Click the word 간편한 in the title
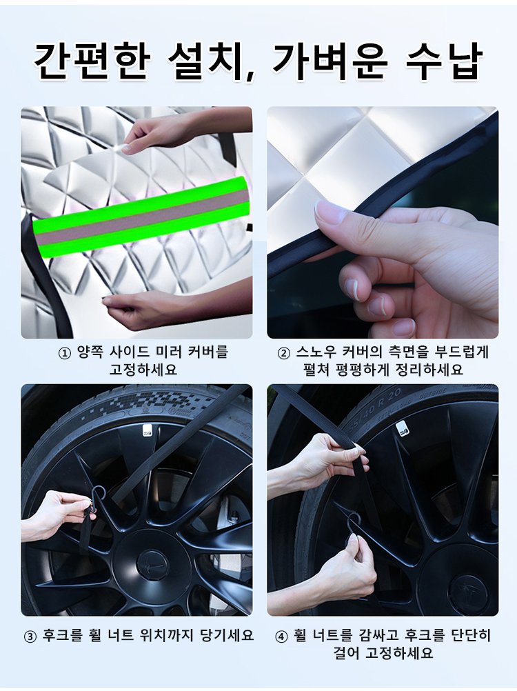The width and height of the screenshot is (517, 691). click(x=92, y=61)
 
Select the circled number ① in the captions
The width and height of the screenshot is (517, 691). click(x=65, y=354)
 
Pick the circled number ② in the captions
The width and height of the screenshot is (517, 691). click(x=284, y=354)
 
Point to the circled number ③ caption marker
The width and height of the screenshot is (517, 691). click(x=30, y=637)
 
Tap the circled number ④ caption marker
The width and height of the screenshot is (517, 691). click(x=281, y=637)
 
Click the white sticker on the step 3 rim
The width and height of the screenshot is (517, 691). click(x=147, y=431)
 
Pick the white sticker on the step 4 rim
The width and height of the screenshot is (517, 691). click(x=401, y=428)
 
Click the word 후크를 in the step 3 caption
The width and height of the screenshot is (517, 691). click(x=63, y=636)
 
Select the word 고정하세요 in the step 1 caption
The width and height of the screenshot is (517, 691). click(x=143, y=370)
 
